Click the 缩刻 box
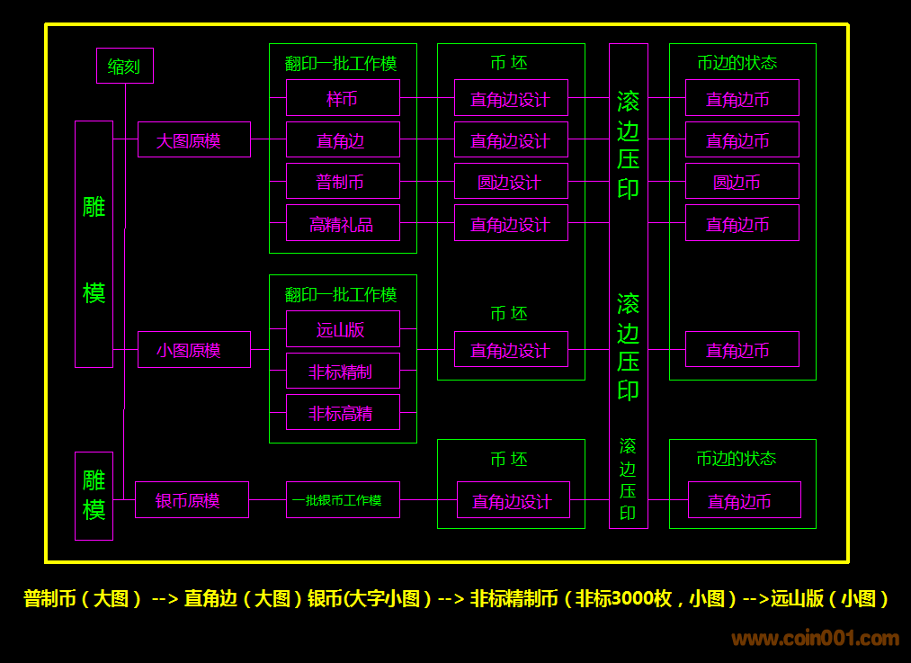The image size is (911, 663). click(124, 66)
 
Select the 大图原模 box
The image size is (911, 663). click(193, 139)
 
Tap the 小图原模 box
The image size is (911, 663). click(193, 349)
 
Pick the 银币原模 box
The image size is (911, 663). click(192, 499)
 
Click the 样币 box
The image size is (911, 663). click(343, 97)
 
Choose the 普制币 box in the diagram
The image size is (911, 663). click(343, 181)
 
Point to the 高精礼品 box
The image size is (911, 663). click(343, 222)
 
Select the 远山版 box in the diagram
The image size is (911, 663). click(343, 328)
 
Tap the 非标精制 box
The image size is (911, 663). click(343, 371)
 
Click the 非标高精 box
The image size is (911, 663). click(343, 412)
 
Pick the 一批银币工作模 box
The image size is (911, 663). click(343, 499)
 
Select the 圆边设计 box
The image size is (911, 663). click(511, 181)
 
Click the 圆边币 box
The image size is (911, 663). click(742, 181)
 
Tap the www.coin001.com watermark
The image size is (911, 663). click(815, 639)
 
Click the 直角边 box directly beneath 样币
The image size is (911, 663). click(343, 139)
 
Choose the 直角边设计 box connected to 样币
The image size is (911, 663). click(511, 97)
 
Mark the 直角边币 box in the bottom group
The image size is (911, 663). click(744, 499)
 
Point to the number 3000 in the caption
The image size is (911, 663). click(641, 598)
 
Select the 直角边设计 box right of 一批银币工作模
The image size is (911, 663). click(513, 499)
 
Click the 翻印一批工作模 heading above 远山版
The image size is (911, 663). click(341, 294)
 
